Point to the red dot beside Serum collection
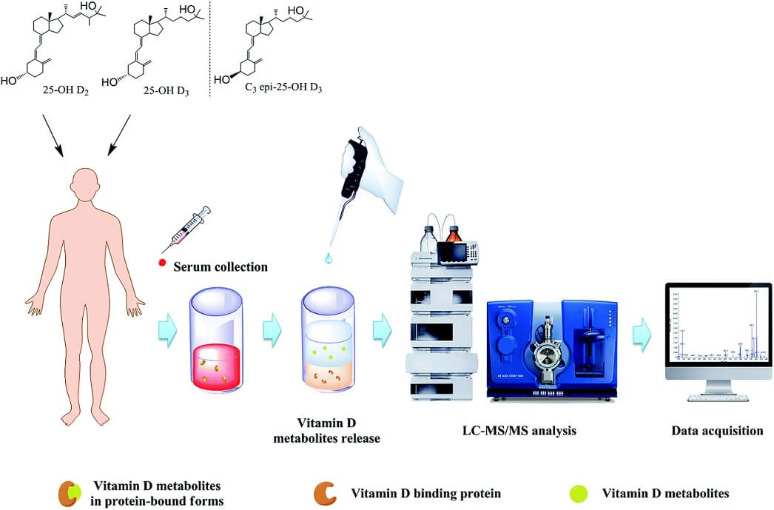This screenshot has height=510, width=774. coord(161,265)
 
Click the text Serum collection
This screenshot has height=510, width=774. coord(220,266)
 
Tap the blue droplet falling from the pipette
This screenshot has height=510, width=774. coord(327,258)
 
